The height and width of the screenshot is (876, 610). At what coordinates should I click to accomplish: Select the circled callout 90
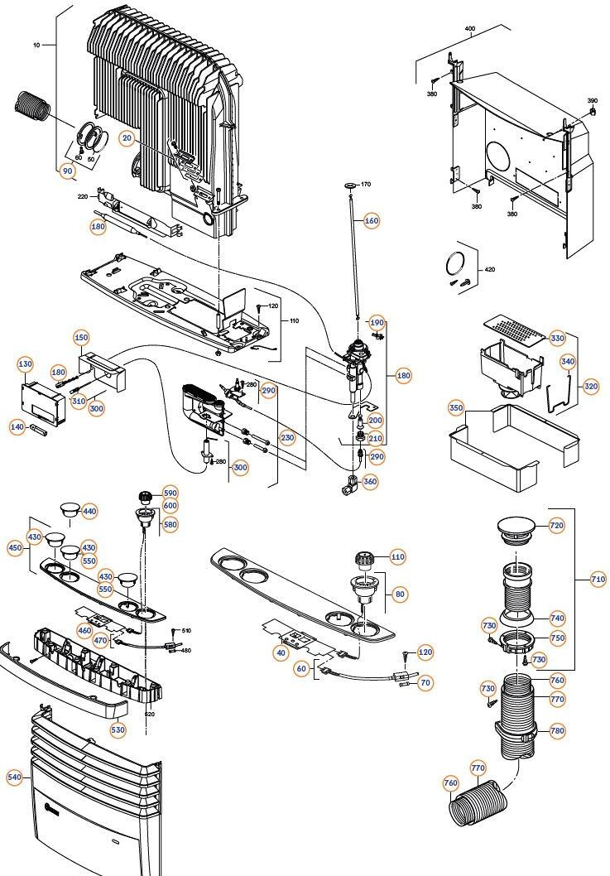tap(68, 171)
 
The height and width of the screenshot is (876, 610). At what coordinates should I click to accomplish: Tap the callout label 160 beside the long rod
tap(371, 221)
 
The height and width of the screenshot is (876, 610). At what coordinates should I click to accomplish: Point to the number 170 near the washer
tap(366, 184)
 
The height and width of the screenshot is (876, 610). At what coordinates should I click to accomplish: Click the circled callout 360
tap(370, 482)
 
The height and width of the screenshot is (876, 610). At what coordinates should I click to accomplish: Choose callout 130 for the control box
tap(25, 365)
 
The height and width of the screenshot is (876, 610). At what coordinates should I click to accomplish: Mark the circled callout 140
tap(17, 426)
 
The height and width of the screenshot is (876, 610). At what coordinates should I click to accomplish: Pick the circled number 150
tap(81, 338)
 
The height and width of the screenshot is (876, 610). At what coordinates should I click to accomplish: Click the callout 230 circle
tap(287, 438)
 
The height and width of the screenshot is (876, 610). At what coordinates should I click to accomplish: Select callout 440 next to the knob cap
tap(89, 512)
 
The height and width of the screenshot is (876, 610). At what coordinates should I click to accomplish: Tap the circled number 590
tap(170, 493)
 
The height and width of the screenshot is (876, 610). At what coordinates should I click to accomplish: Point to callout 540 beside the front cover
tap(14, 777)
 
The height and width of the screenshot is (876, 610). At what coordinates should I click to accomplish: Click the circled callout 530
tap(118, 729)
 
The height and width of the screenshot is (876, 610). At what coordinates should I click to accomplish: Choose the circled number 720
tap(556, 526)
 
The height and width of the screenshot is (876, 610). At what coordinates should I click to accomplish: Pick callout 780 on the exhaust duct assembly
tap(556, 730)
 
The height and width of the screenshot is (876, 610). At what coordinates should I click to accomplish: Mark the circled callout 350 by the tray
tap(456, 408)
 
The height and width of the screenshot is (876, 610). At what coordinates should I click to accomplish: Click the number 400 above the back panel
tap(470, 29)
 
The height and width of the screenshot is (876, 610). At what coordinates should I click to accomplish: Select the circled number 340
tap(568, 361)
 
